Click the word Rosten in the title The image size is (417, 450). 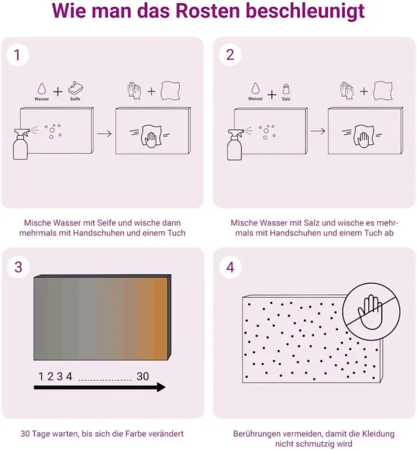point(207,11)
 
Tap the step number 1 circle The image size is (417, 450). point(17,55)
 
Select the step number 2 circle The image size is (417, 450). point(230,55)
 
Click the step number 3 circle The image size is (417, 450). point(18,267)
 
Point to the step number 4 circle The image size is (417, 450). point(230,267)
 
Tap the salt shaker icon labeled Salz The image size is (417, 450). point(286,89)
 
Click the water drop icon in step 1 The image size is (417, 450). point(42,89)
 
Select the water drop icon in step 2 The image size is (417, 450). point(255,89)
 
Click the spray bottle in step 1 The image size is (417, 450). point(21,144)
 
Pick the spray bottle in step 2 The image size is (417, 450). point(235,145)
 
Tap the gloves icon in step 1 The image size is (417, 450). point(134,91)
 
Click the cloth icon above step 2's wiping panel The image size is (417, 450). point(383,91)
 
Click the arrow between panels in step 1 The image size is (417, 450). point(104,134)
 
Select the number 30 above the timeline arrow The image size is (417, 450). point(143,376)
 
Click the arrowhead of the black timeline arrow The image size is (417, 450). point(161,387)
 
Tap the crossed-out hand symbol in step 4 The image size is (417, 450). point(371,311)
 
